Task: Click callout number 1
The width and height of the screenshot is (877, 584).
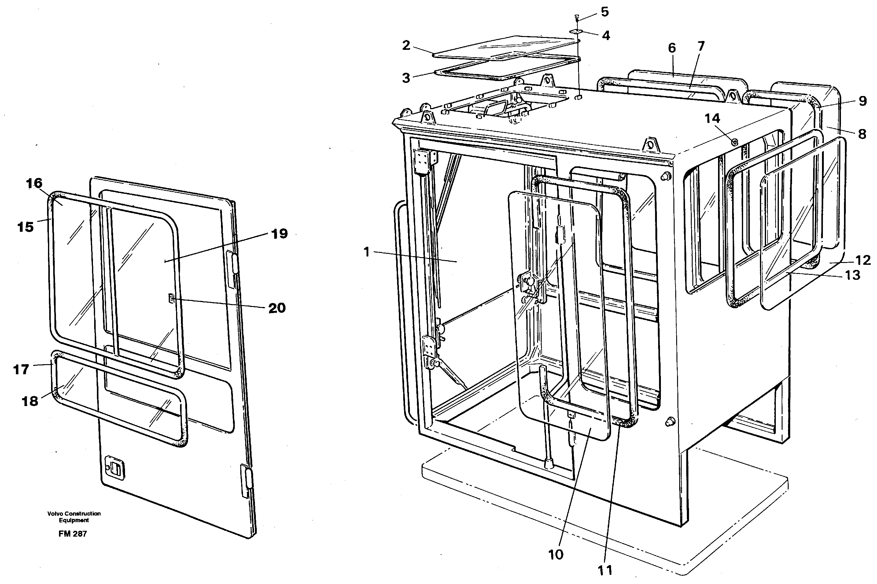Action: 367,252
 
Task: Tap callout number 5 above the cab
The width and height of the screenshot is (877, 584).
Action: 605,12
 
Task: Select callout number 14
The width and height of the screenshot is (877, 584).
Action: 712,118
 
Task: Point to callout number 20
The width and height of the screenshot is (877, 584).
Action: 277,308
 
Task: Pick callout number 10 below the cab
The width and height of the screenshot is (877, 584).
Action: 556,555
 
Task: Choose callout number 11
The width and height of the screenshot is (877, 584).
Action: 605,570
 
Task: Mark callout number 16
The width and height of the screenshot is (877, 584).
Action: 34,183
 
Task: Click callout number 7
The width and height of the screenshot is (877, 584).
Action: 701,46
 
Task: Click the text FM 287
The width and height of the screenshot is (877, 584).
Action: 72,534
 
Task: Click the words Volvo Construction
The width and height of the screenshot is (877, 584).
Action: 74,513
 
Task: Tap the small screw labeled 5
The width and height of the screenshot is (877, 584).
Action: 577,17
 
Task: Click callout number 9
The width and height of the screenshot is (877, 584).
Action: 863,101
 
